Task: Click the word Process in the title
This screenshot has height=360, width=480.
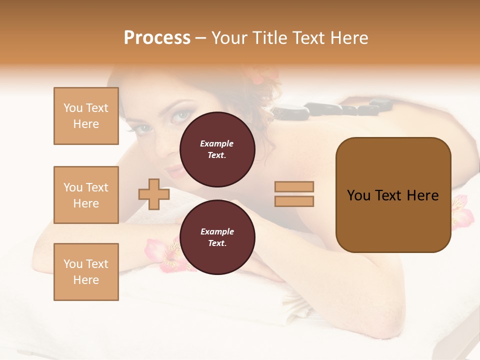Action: pos(157,38)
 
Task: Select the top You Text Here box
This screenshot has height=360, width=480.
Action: pos(86,116)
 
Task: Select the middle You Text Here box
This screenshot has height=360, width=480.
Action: pos(86,195)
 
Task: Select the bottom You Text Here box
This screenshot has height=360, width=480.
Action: pos(86,272)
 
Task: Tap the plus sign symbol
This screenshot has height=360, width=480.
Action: pos(153,194)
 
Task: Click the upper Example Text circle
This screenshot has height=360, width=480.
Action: pos(217,149)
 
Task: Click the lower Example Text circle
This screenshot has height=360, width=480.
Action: pos(217,237)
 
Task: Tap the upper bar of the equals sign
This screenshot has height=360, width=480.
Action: pos(294,186)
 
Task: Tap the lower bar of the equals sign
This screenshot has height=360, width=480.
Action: pos(294,201)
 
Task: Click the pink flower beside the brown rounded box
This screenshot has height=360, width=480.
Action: pos(461,212)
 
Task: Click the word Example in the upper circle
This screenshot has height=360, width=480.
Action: pos(217,143)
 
